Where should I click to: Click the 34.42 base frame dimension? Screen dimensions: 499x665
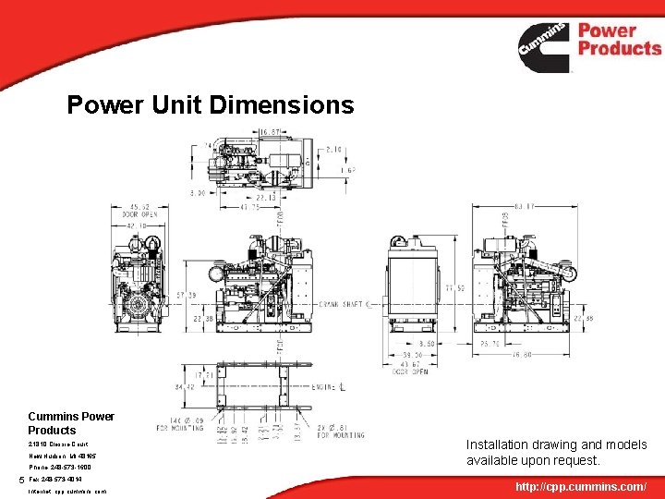coord(185,386)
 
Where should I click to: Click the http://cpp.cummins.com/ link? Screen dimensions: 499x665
coord(581,485)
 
